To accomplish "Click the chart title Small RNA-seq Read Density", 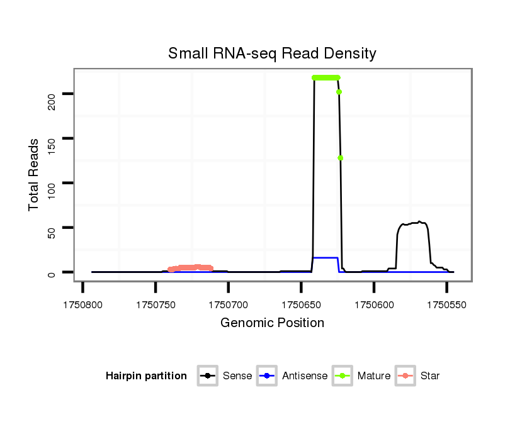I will pos(272,53).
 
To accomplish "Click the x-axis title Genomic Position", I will pos(272,323).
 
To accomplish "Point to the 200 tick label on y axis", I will pos(52,94).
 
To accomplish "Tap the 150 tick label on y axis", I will pos(52,138).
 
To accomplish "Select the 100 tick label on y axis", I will pos(52,183).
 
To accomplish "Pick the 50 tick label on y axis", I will pos(52,228).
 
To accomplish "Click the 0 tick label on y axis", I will pos(52,272).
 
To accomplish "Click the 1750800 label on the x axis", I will pos(83,304).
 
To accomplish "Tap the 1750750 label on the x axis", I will pos(156,304).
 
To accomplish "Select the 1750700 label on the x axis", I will pos(229,304).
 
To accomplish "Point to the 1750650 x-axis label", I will pos(301,304).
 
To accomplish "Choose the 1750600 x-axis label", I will pos(374,304).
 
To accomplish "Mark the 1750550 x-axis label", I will pos(446,304).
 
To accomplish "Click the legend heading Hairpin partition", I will pos(146,376).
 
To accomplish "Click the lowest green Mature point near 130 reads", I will pos(341,158).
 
